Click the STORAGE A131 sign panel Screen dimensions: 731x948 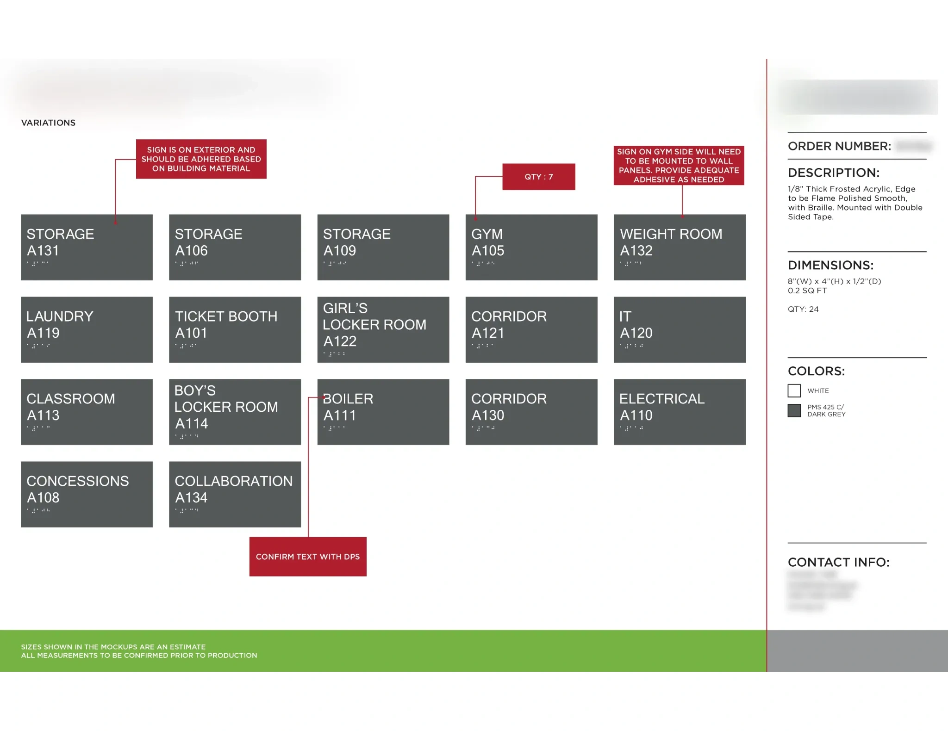[87, 247]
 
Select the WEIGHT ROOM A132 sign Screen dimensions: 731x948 [680, 247]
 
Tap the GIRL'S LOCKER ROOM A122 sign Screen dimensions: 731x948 [383, 329]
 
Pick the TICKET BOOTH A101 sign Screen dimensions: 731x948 [235, 329]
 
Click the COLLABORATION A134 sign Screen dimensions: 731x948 [235, 494]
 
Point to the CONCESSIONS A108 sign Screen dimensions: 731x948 [87, 494]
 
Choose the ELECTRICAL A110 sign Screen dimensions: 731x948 [680, 412]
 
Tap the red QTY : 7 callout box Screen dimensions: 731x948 [538, 177]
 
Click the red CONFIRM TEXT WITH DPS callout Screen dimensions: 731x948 [308, 557]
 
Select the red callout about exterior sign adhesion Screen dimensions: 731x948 [201, 159]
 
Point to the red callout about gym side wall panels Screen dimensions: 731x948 [679, 166]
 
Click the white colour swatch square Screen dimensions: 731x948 [794, 391]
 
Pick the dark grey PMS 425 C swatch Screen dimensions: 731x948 [794, 411]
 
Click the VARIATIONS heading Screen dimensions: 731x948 [48, 123]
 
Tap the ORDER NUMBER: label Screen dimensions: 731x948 [839, 146]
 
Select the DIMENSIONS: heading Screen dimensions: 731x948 [830, 265]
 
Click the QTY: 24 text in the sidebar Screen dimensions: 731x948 [803, 309]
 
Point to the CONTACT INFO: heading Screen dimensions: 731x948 [838, 562]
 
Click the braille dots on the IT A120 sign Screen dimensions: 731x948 [631, 346]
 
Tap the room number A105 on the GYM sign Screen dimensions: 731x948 [487, 251]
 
